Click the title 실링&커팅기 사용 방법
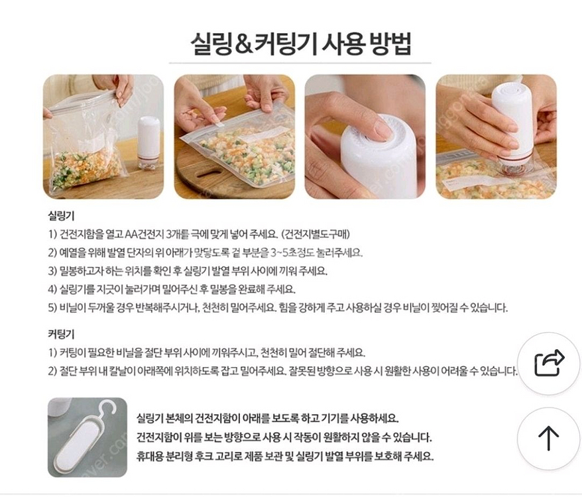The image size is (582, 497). coord(300,44)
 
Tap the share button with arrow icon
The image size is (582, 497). coord(548,364)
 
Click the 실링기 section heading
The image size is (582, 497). coord(62,217)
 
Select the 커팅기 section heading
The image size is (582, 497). coord(62,335)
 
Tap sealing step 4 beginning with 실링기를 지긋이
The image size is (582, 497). coord(172,290)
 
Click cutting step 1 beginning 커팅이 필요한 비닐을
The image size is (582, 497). coord(206,353)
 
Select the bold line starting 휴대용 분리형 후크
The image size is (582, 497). coord(284,456)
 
